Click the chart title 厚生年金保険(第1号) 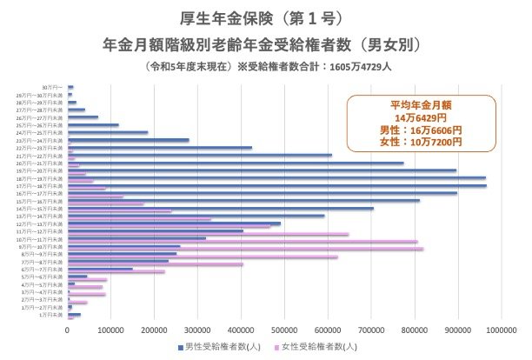(x=265, y=18)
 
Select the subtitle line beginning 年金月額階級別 (x=265, y=43)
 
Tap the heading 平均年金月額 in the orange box (x=421, y=104)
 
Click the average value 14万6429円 (x=421, y=117)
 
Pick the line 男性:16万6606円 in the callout (x=421, y=129)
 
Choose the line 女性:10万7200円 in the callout (x=421, y=141)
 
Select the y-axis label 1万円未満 (x=50, y=317)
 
